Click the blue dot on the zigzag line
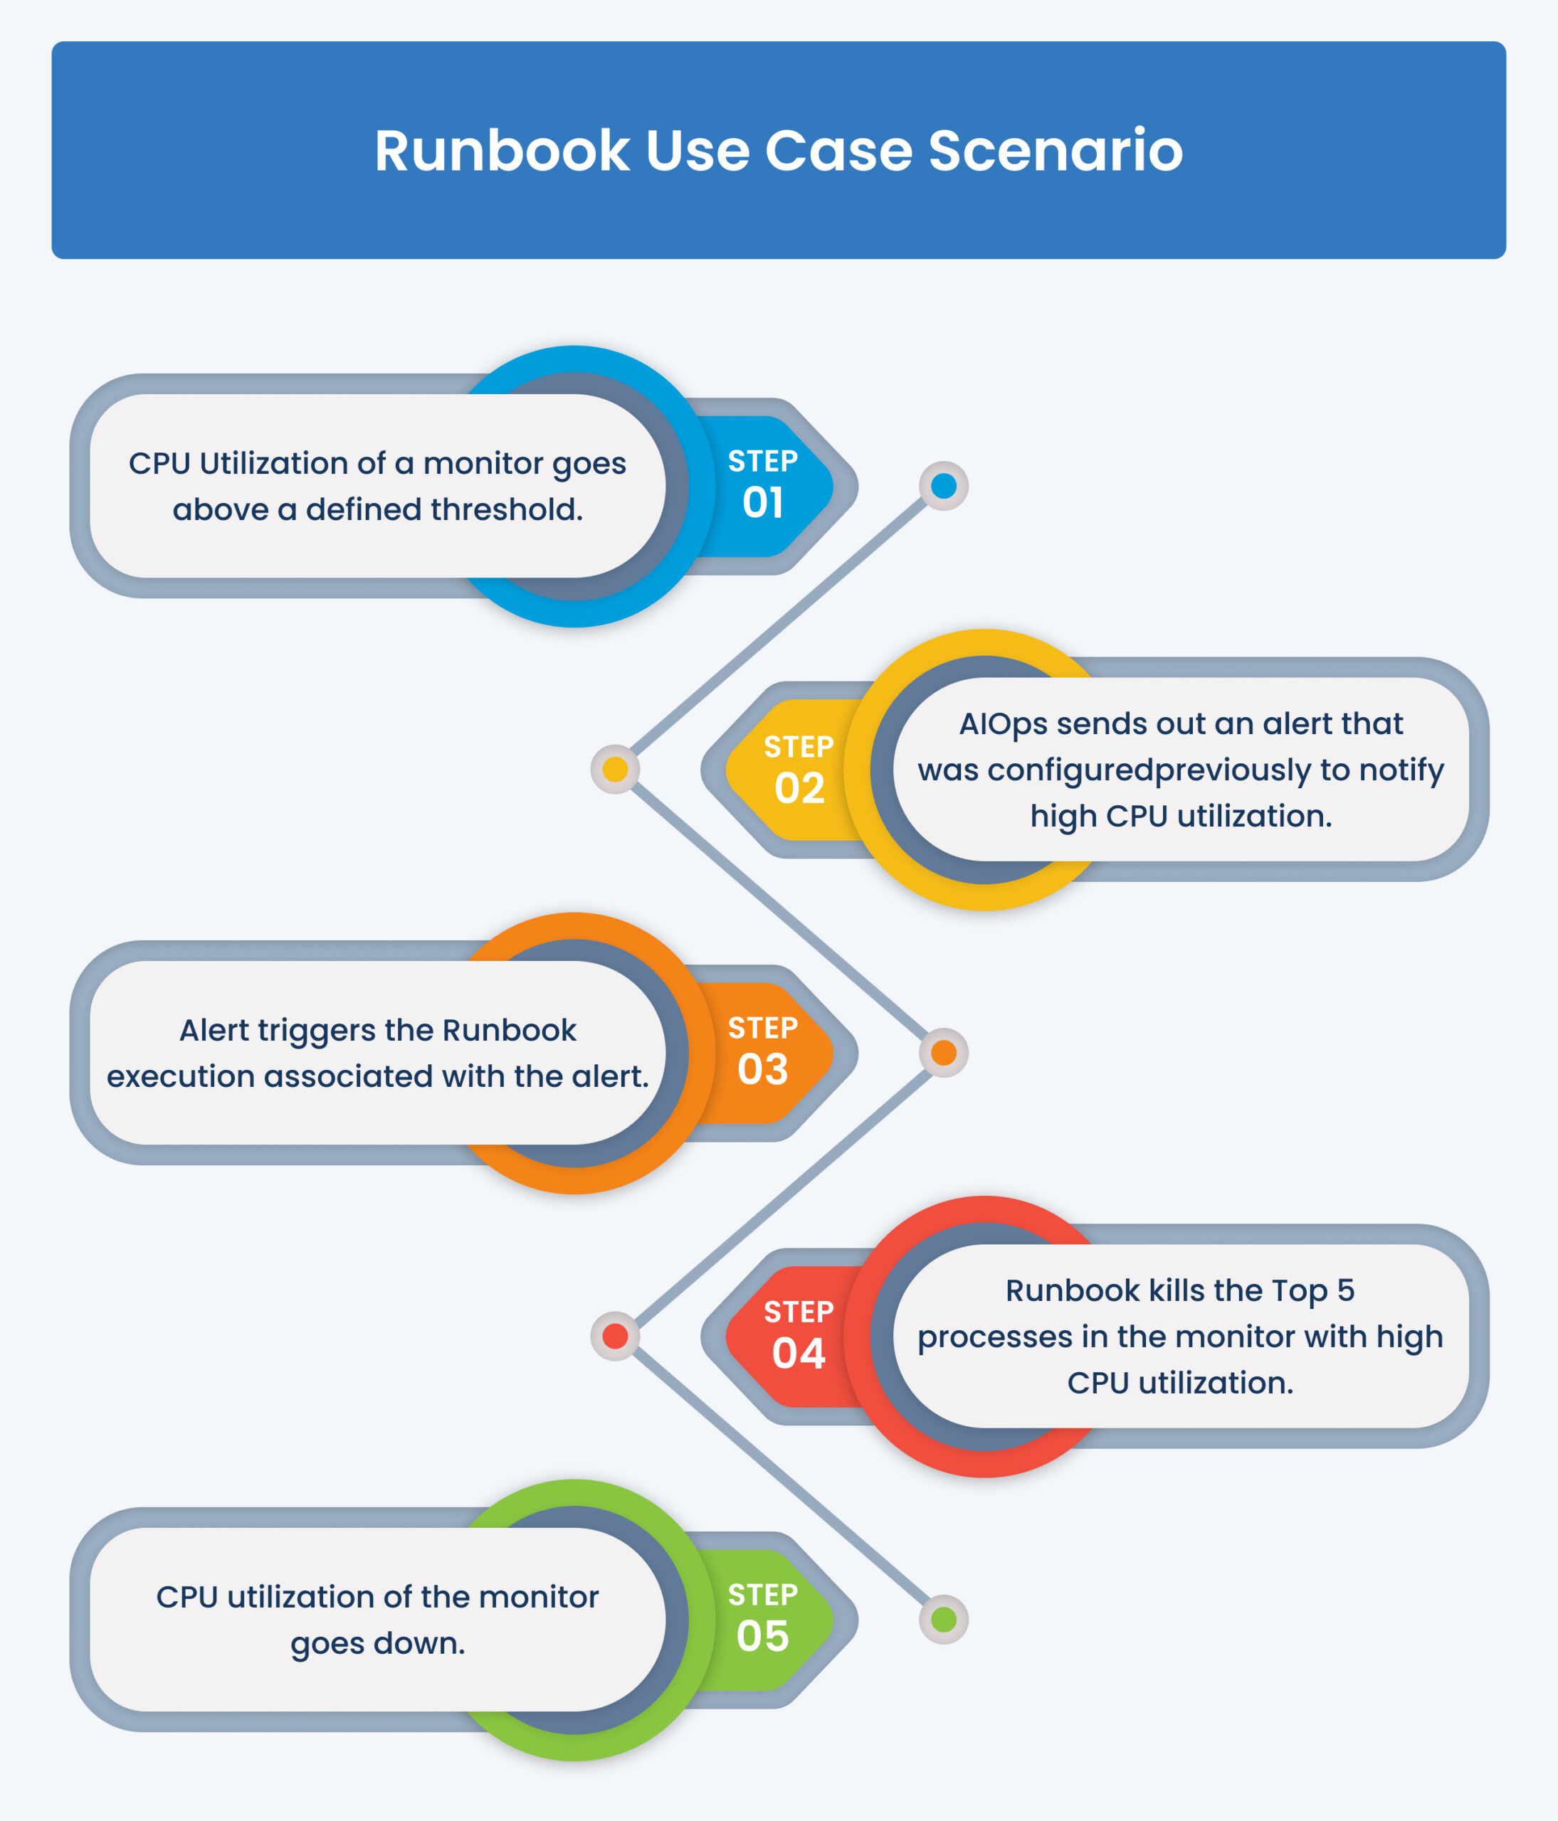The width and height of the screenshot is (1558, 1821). (944, 486)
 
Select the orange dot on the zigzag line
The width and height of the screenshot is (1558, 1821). (944, 1053)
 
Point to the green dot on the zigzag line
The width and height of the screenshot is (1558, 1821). (944, 1619)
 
